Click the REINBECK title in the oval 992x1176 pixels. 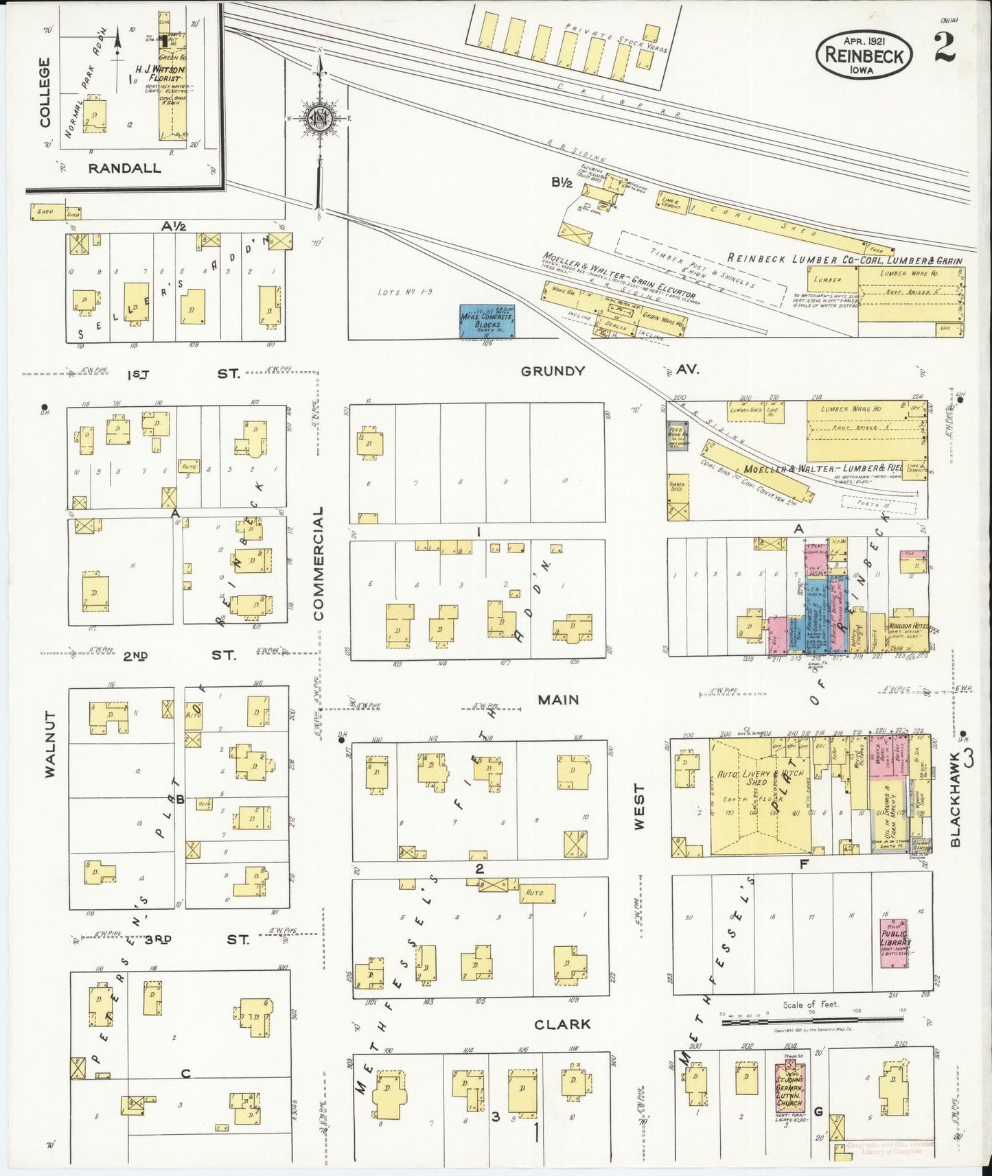click(x=864, y=55)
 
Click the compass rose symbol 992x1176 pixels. click(x=319, y=118)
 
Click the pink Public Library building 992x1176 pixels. click(x=894, y=943)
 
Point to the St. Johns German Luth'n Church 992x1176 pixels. click(x=789, y=1092)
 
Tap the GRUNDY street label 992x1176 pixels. click(x=553, y=371)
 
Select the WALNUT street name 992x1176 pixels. click(x=49, y=744)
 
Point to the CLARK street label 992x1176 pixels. click(x=562, y=1024)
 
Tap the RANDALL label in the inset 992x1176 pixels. click(x=124, y=168)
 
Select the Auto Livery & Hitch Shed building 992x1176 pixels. click(x=759, y=796)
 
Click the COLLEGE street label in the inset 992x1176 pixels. click(x=45, y=92)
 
